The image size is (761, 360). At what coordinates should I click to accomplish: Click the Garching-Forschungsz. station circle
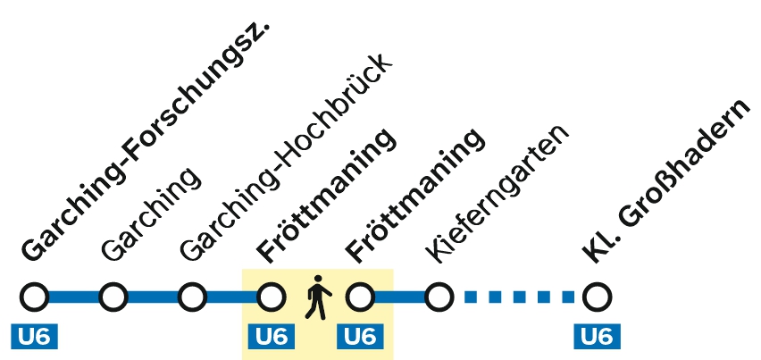[x=35, y=296]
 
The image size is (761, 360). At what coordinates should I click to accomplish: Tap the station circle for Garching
[x=113, y=296]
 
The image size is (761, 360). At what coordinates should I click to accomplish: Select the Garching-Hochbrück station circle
[x=192, y=296]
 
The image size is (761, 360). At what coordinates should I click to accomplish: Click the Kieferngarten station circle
[x=439, y=296]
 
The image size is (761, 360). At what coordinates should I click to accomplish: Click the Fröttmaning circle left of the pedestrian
[x=271, y=296]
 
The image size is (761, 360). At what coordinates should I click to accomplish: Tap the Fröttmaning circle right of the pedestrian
[x=360, y=296]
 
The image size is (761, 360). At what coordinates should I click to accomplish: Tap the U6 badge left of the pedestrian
[x=272, y=337]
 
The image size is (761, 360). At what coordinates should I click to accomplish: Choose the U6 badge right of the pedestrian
[x=360, y=337]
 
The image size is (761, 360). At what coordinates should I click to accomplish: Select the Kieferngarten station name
[x=496, y=192]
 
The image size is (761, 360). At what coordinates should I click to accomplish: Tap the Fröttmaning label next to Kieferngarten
[x=415, y=197]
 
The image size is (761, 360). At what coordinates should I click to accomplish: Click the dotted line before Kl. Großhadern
[x=518, y=296]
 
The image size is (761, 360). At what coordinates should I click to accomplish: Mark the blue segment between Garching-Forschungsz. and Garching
[x=73, y=296]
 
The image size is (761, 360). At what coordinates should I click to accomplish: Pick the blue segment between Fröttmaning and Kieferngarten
[x=399, y=296]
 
